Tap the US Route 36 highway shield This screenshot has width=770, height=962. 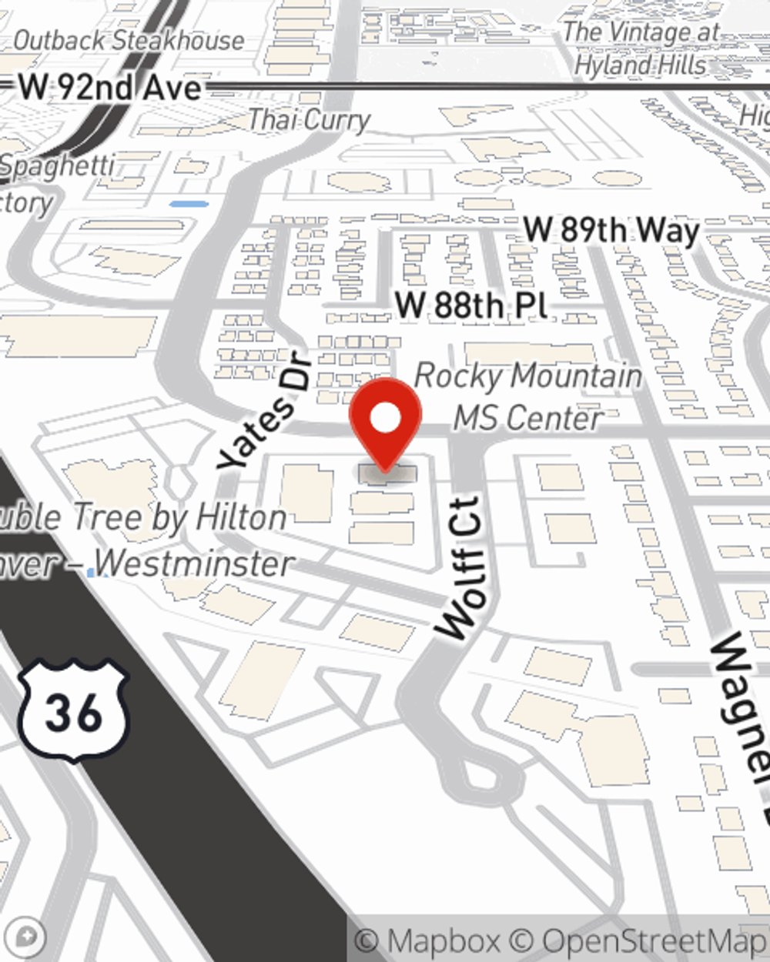coord(73,710)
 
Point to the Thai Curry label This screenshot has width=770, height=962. coord(309,120)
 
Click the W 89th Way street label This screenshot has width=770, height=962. coord(611,229)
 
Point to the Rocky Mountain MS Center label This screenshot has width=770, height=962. coord(528,397)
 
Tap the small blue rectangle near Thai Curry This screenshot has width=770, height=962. coord(189,204)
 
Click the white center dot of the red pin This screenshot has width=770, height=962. coord(385,418)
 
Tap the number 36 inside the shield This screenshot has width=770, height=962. coord(73,714)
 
